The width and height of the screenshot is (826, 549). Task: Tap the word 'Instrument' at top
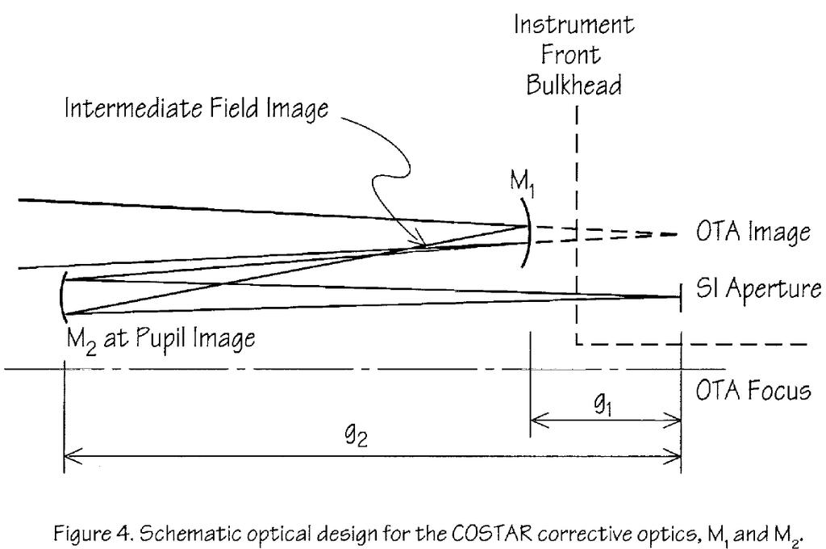(574, 24)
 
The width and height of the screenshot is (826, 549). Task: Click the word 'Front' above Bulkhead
(574, 55)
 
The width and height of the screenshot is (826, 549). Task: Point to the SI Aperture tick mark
(680, 295)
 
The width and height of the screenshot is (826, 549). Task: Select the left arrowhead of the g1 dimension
(536, 420)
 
